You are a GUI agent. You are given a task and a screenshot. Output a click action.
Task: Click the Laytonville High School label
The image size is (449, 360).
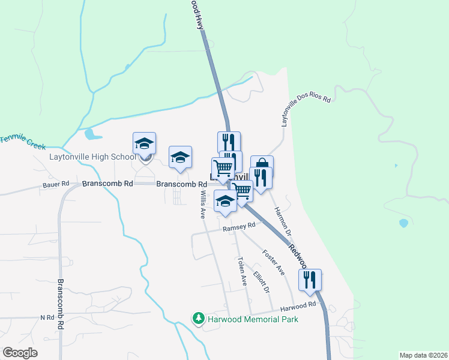click(x=93, y=157)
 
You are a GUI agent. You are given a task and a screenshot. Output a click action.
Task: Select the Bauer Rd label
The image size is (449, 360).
click(x=56, y=184)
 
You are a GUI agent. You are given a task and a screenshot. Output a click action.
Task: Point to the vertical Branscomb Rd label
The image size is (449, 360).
click(x=61, y=303)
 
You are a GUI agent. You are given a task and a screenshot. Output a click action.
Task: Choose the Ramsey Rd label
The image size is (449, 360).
click(x=239, y=227)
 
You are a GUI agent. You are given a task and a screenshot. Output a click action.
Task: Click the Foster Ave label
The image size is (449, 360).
click(x=274, y=263)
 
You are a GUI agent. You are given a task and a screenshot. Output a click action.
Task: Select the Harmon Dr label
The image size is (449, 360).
click(x=283, y=221)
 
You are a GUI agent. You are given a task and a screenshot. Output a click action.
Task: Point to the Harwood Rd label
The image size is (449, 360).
click(x=298, y=305)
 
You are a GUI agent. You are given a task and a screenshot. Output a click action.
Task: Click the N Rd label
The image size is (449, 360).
click(x=47, y=317)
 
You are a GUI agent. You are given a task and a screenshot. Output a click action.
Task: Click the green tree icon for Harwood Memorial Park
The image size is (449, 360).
click(x=198, y=319)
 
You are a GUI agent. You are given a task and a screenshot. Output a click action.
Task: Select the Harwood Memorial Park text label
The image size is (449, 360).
click(x=253, y=319)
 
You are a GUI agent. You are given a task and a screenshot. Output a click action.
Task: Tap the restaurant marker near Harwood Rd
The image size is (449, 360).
click(x=310, y=280)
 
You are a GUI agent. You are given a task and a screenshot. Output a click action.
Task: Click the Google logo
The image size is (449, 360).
click(x=20, y=353)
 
